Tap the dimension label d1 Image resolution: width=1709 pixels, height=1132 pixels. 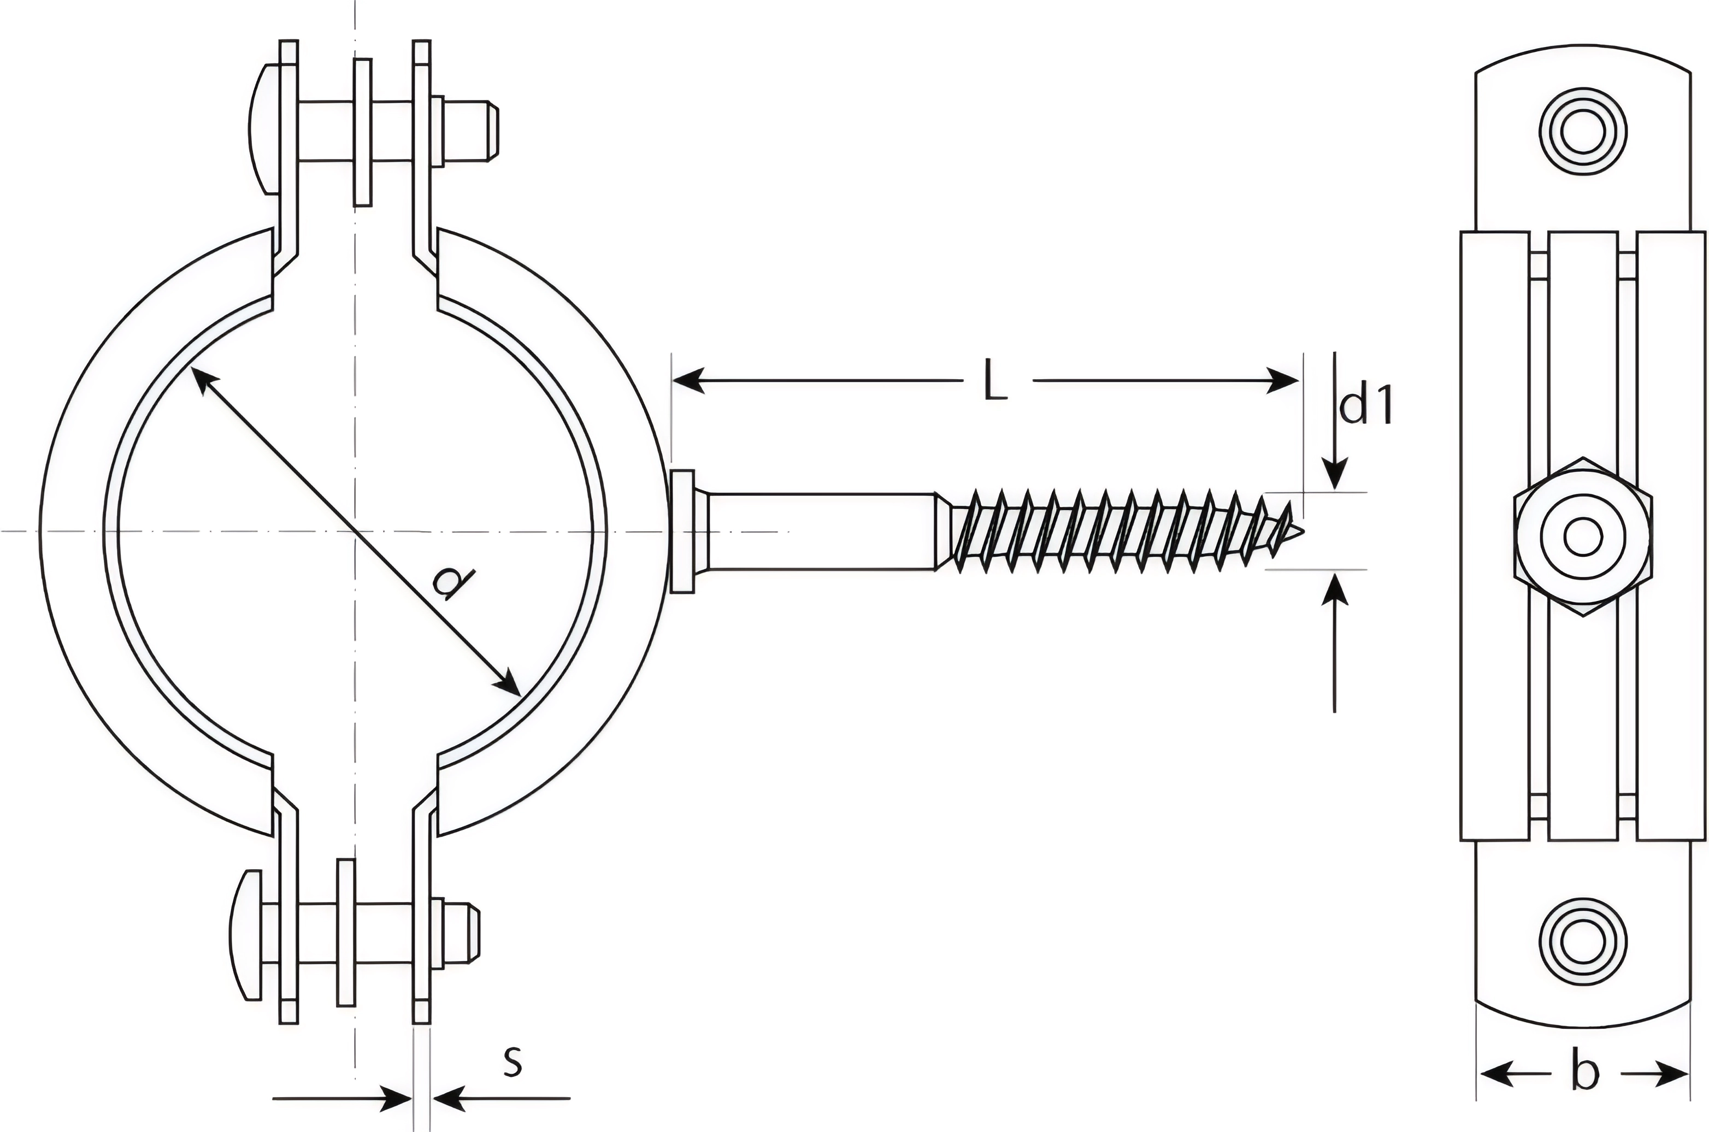[x=1365, y=406]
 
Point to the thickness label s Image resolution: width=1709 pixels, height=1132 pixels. [x=512, y=1060]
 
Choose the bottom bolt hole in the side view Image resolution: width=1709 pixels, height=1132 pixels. [x=1583, y=941]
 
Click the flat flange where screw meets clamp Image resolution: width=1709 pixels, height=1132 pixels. [x=683, y=532]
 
